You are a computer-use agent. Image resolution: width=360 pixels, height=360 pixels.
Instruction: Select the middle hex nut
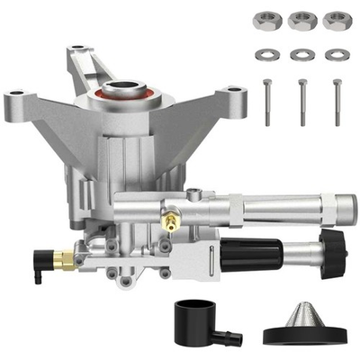point(301,20)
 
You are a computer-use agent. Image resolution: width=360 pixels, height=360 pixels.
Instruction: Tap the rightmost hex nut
point(337,20)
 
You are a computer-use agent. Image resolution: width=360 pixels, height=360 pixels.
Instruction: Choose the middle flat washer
point(301,54)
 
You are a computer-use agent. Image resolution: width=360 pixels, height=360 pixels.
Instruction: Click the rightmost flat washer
point(337,54)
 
